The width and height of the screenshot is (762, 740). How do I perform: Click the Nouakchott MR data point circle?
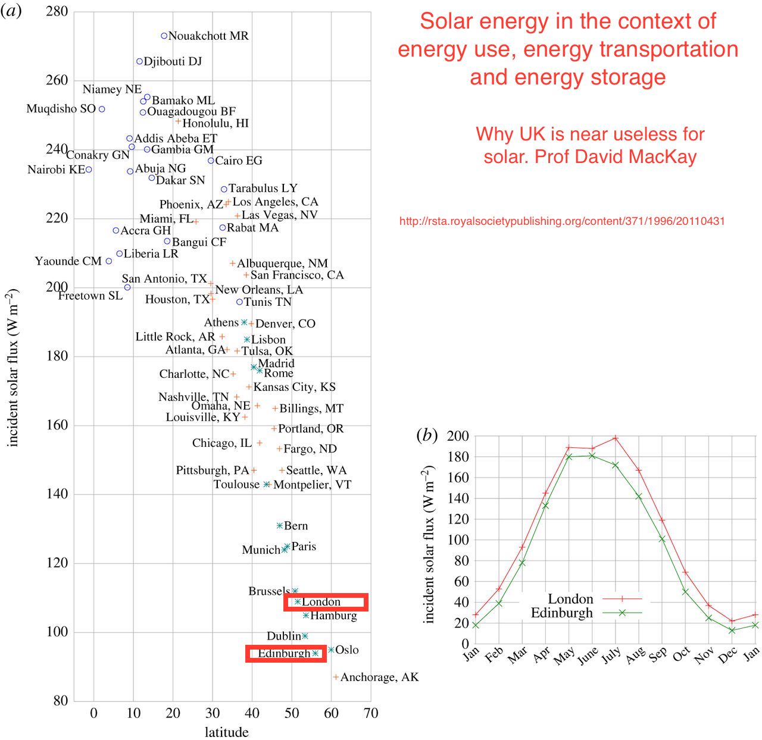[164, 36]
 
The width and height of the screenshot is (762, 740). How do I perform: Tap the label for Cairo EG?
[238, 161]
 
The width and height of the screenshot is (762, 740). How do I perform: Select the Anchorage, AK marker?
[336, 677]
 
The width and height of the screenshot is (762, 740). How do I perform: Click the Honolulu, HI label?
[216, 123]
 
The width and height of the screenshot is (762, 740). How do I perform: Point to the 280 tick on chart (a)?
[57, 11]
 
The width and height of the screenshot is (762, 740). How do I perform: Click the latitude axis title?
[226, 732]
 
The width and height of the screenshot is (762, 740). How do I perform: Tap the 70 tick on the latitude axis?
[370, 713]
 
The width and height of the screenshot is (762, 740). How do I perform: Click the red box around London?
[326, 595]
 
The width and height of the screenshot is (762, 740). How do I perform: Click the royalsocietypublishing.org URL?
[562, 221]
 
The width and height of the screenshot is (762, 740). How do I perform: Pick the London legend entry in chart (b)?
[570, 599]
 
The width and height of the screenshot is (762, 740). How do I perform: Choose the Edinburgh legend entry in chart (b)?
[562, 613]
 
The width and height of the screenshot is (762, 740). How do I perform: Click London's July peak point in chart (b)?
[616, 438]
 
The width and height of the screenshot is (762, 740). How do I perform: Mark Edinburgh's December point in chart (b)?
[732, 630]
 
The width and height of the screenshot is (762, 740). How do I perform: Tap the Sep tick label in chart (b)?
[658, 655]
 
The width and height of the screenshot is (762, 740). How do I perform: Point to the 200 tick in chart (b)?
[458, 436]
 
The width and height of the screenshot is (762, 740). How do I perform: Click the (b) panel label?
[426, 435]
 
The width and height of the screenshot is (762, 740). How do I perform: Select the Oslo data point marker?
[331, 650]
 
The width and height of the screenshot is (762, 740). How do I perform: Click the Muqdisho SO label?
[61, 109]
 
